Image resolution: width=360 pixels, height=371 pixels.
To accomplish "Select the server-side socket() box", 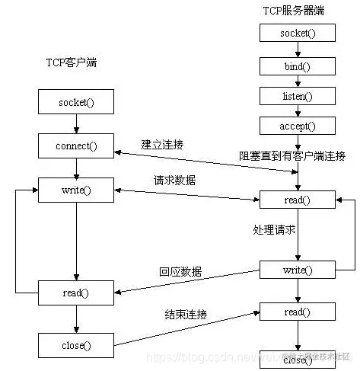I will [x=297, y=34].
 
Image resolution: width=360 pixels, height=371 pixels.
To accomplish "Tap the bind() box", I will [x=297, y=66].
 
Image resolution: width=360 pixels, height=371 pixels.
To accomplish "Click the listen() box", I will [x=297, y=95].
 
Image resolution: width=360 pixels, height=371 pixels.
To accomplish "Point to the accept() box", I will [x=297, y=125].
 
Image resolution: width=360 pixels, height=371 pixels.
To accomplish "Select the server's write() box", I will [x=297, y=270].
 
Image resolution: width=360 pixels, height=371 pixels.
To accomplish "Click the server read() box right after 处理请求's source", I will [x=297, y=201].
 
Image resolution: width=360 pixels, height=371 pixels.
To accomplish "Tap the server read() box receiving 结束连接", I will [x=297, y=311].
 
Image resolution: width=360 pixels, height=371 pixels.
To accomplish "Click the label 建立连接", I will [x=162, y=144].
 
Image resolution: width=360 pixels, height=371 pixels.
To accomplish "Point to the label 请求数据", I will [x=174, y=180].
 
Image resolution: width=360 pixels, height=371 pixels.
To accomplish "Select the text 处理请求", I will [x=274, y=229].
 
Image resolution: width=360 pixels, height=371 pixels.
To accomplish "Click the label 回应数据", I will [x=180, y=270].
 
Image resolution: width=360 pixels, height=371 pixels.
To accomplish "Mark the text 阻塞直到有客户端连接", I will [x=292, y=156].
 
